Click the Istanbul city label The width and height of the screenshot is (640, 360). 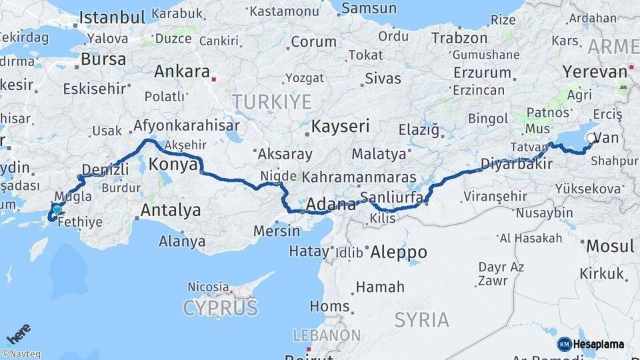pyautogui.click(x=111, y=17)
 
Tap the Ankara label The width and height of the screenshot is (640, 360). pyautogui.click(x=182, y=72)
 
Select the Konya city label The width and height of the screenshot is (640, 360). pyautogui.click(x=173, y=164)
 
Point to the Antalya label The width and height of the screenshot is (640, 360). pyautogui.click(x=171, y=211)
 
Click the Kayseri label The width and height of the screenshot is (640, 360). pyautogui.click(x=341, y=126)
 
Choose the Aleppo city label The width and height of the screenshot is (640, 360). pyautogui.click(x=398, y=252)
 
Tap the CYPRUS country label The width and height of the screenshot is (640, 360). pyautogui.click(x=220, y=308)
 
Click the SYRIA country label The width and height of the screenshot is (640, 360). pyautogui.click(x=421, y=320)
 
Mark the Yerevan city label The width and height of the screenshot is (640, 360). pyautogui.click(x=595, y=71)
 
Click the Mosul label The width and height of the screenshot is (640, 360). pyautogui.click(x=610, y=246)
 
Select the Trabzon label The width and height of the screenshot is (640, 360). pyautogui.click(x=459, y=38)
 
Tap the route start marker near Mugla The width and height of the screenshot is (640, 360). pyautogui.click(x=57, y=210)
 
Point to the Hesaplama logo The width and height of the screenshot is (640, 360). pyautogui.click(x=591, y=344)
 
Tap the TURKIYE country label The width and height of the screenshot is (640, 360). pyautogui.click(x=272, y=102)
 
